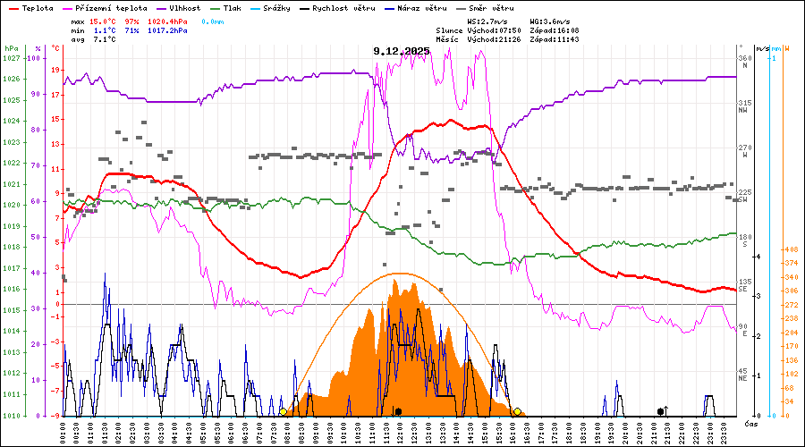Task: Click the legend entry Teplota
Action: (x=37, y=7)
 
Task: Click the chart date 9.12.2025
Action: (x=402, y=51)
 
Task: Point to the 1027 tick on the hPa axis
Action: (x=11, y=58)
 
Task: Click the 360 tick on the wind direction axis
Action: (x=743, y=58)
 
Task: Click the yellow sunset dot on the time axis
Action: (x=518, y=412)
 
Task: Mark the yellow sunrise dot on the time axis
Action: (x=283, y=412)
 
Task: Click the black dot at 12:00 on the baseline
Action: (x=398, y=412)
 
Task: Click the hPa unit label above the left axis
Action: (x=11, y=47)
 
